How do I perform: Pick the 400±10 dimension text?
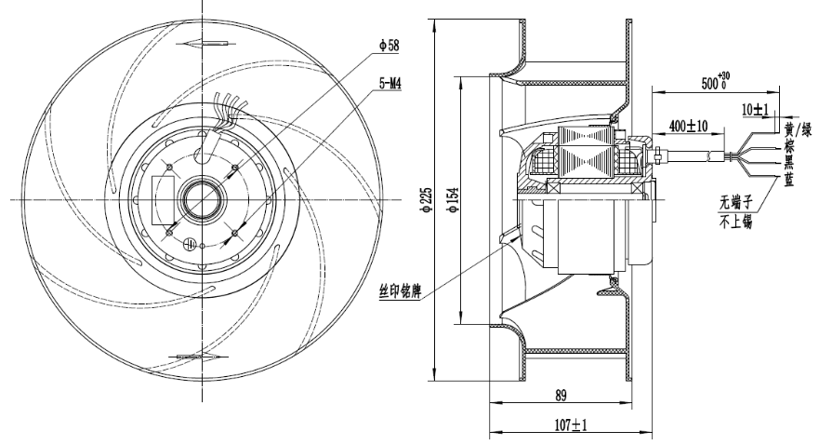point(687,125)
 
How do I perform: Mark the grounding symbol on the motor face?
point(189,245)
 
